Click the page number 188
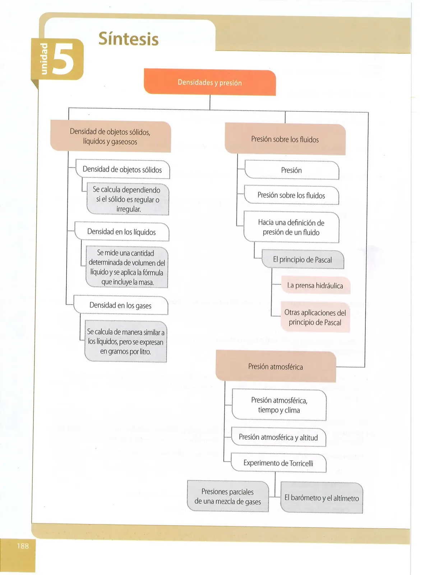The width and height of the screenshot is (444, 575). coord(23,546)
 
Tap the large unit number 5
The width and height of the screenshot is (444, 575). coord(63,59)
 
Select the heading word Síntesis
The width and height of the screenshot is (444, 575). coord(129,39)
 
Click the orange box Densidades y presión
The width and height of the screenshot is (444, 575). coord(210,82)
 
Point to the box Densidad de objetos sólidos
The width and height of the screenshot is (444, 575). coord(123,169)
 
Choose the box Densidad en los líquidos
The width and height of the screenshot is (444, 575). coord(122,232)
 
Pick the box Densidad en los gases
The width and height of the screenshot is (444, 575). coord(121,305)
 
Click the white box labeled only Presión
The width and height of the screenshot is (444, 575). coord(292,170)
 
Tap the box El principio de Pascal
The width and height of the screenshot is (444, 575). coord(303,259)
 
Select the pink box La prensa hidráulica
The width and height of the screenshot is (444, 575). coord(315,285)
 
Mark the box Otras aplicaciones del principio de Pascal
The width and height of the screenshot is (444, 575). coord(315,317)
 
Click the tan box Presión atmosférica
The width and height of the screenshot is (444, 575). coord(276,366)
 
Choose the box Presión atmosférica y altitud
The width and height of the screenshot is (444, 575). coord(278,437)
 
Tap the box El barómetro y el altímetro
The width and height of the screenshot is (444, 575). coord(322,498)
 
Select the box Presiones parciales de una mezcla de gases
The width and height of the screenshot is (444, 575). coord(228,496)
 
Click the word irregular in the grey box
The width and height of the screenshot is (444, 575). coord(129,209)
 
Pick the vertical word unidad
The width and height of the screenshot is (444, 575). coord(44,59)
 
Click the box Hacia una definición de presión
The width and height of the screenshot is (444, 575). coord(291,227)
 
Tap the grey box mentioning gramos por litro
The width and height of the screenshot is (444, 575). coord(126,341)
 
